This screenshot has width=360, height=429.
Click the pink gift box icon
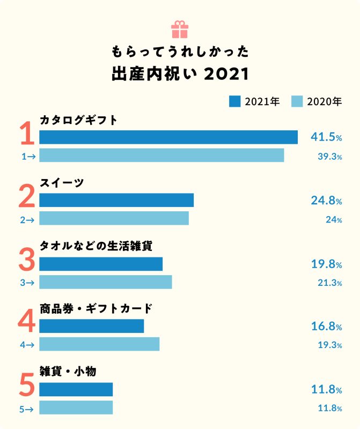180,29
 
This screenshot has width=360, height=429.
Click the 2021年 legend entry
254,101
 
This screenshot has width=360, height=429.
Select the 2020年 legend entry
317,101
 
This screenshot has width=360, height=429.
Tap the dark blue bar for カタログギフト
168,137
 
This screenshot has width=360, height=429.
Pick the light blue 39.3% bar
161,156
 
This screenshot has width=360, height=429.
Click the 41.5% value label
326,137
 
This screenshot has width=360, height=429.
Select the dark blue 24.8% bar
116,201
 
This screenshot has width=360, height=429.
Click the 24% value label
334,219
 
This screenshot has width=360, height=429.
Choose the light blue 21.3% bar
106,282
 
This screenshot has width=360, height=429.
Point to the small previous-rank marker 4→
27,345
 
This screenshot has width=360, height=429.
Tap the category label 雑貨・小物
68,371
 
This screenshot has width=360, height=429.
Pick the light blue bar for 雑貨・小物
76,408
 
